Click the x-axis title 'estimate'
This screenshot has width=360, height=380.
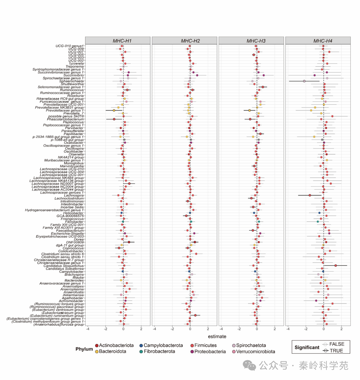(217, 336)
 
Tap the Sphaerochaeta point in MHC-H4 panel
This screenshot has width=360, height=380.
(304, 81)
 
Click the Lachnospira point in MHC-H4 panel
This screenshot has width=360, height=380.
(310, 195)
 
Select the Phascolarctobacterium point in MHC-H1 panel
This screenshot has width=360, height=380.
(114, 119)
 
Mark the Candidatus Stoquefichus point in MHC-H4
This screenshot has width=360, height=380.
(336, 266)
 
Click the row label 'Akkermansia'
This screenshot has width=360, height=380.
(73, 295)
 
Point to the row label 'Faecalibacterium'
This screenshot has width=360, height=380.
(70, 231)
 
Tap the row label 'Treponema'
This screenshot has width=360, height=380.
(74, 67)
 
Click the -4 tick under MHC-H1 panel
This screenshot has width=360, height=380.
(88, 329)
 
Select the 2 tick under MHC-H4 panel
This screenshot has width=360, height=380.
(342, 329)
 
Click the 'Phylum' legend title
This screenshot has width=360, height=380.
(84, 349)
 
